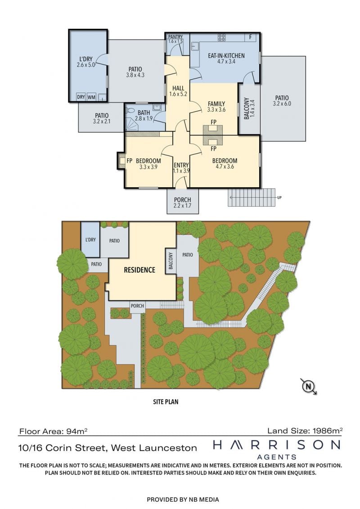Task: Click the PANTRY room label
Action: pos(175,37)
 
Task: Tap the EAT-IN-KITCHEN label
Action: pos(226,55)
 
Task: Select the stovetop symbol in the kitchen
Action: pos(222,37)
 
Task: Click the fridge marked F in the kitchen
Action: pos(251,37)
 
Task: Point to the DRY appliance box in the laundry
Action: pos(81,97)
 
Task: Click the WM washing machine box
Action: pos(91,97)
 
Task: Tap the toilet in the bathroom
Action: pos(130,110)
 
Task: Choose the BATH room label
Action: pos(144,113)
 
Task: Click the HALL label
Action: pos(178,88)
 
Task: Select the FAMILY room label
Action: pos(216,104)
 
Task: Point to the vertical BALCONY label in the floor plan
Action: pos(247,108)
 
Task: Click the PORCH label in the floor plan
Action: pos(182,200)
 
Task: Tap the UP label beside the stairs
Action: pos(279,198)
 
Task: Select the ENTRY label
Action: pos(181,165)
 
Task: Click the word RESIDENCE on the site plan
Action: pos(139,270)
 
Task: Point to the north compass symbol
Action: pos(309,386)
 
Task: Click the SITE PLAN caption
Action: pos(166,401)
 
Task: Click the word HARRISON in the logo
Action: pos(277,445)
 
